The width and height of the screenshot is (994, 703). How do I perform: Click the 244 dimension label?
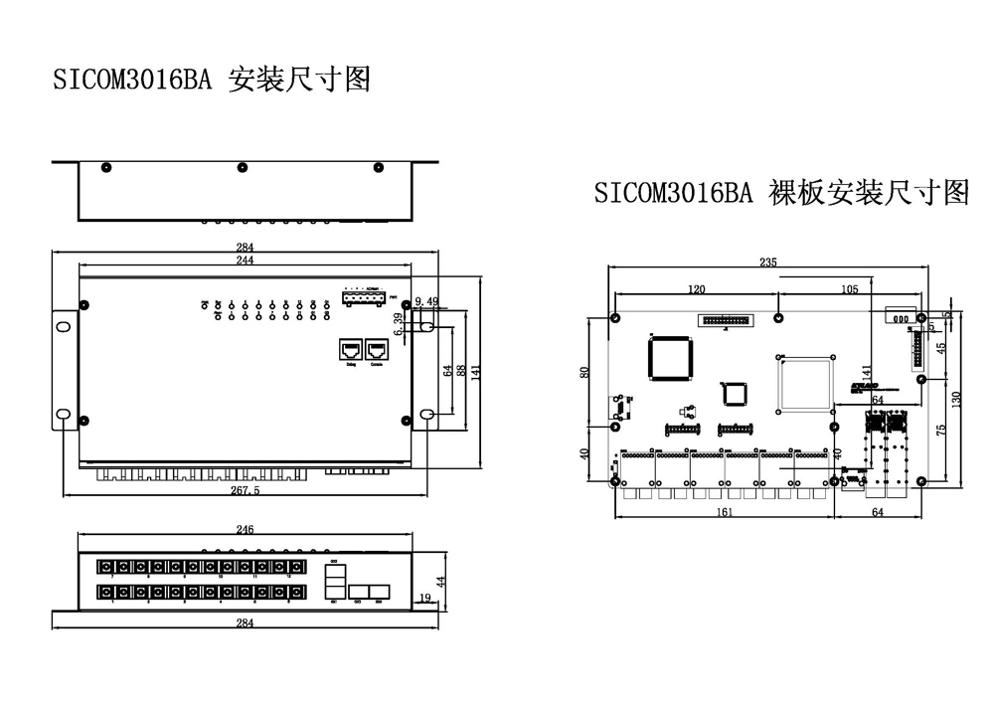(245, 260)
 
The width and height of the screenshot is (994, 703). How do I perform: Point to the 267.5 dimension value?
(245, 490)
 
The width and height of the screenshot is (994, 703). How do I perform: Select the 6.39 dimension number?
(399, 324)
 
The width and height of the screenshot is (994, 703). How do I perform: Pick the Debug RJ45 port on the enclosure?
(351, 351)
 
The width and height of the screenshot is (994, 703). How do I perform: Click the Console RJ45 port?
(377, 351)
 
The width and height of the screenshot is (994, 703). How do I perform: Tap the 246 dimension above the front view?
(245, 530)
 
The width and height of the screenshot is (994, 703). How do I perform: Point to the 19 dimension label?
(425, 597)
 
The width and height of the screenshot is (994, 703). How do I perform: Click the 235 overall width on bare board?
(767, 263)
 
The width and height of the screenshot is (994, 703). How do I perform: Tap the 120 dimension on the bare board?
(696, 289)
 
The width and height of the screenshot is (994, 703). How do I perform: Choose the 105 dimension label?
(849, 289)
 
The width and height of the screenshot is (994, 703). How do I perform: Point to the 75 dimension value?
(940, 429)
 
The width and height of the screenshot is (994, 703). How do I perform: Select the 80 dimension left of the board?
(585, 372)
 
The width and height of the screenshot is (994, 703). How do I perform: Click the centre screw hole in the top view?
(242, 167)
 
